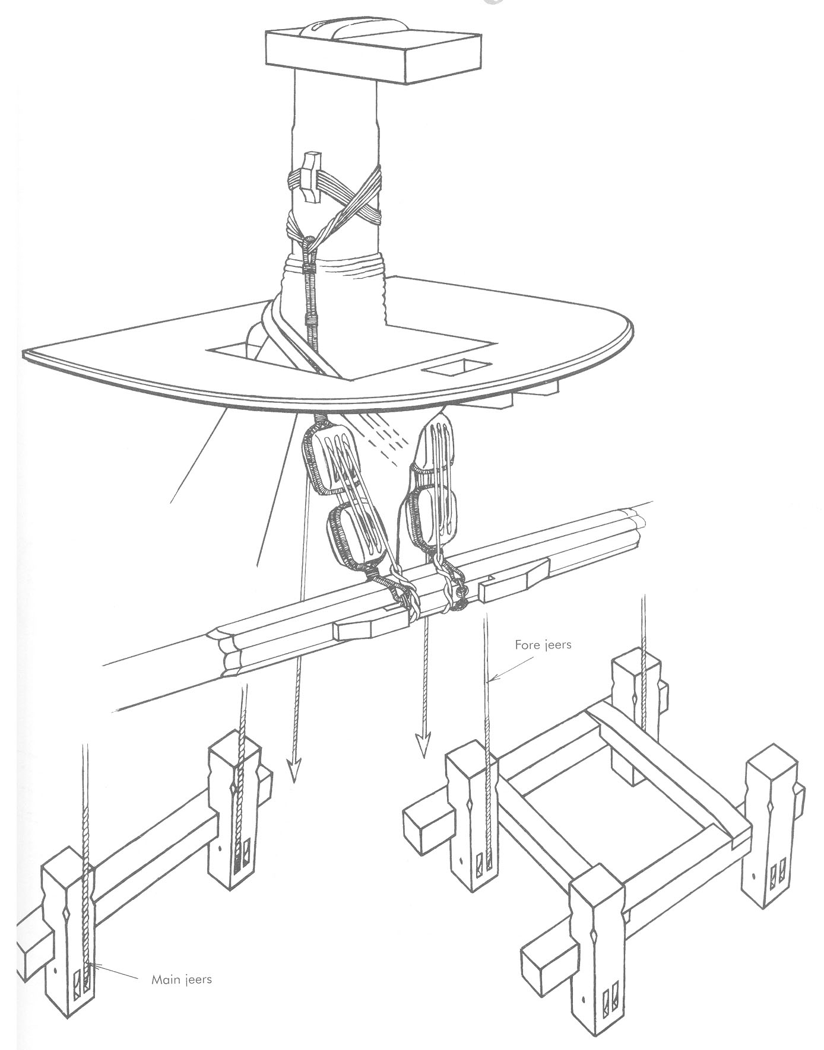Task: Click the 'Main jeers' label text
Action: [x=182, y=979]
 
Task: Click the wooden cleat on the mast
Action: [x=309, y=176]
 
